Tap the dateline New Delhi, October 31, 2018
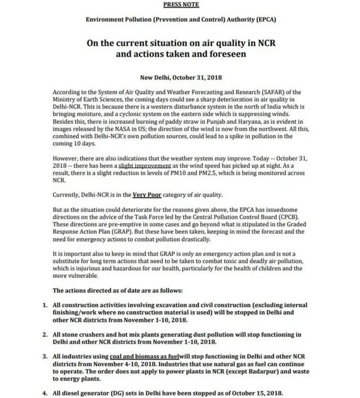click(180, 78)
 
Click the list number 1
click(45, 305)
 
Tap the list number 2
click(45, 334)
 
